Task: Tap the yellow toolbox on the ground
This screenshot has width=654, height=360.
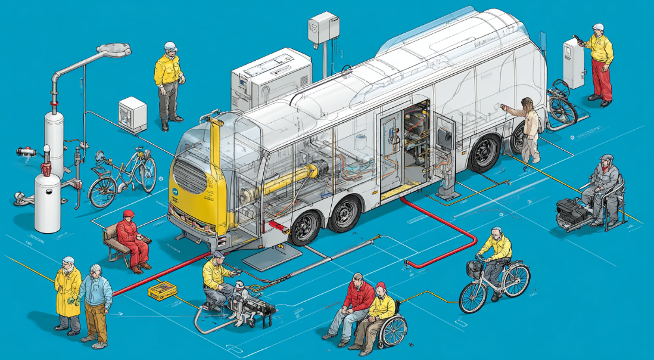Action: coord(163,291)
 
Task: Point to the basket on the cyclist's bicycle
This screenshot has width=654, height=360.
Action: coord(474,269)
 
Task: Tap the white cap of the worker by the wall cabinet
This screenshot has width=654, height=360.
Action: coord(598,27)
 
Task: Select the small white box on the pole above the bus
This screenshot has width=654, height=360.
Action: coord(323,27)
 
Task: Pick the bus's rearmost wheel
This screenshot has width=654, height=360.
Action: coord(485,153)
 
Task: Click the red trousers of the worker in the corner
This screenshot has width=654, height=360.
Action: coord(601,79)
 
